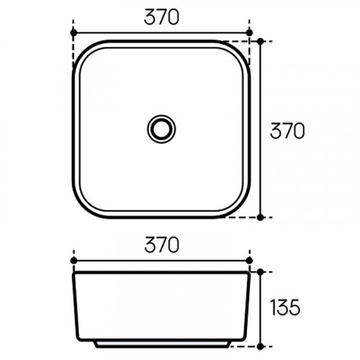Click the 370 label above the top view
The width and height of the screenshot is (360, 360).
pyautogui.click(x=161, y=17)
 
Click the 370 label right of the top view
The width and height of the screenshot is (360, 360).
pyautogui.click(x=287, y=131)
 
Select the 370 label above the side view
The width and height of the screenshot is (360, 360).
pyautogui.click(x=162, y=245)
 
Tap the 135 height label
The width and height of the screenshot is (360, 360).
pyautogui.click(x=285, y=307)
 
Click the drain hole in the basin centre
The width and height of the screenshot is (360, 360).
pyautogui.click(x=161, y=129)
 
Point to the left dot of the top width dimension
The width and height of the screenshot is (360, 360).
pyautogui.click(x=73, y=32)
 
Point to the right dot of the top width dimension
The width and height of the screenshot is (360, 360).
pyautogui.click(x=250, y=32)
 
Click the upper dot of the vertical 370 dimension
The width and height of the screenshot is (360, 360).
pyautogui.click(x=260, y=41)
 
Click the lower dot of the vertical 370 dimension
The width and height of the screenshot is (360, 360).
pyautogui.click(x=260, y=217)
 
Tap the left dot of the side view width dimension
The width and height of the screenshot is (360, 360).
pyautogui.click(x=73, y=260)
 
